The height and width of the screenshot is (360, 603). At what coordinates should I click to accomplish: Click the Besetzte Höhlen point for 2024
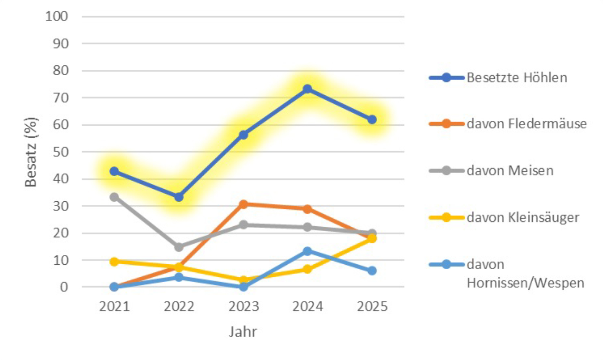pos(307,89)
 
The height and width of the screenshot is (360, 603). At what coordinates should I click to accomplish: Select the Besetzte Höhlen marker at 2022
pos(179,197)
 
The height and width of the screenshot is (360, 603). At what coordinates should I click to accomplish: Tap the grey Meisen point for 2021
pos(114,197)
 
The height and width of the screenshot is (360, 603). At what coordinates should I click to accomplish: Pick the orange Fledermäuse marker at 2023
pos(243,204)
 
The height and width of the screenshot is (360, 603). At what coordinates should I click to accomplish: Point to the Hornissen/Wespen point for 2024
pos(307,251)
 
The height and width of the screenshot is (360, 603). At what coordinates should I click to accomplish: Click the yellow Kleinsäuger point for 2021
pos(114,261)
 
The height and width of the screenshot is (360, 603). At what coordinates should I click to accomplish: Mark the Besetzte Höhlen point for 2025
pos(372,120)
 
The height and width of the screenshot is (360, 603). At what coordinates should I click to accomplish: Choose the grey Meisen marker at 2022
pos(179,247)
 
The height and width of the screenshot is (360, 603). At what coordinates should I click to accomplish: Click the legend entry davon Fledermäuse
pos(526,124)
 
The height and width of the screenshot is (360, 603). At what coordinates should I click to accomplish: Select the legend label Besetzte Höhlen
pos(517,78)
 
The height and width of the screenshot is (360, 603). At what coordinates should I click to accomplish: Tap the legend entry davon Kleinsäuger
pos(523,218)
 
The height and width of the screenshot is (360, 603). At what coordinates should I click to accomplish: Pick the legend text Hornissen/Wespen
pos(525,283)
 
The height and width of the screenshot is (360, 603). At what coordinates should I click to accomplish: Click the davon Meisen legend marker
pos(446,171)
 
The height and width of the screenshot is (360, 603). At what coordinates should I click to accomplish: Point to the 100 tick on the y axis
pos(57,16)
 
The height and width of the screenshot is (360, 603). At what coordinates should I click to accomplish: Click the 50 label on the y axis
pos(60,152)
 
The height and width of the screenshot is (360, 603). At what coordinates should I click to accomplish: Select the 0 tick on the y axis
pos(63,287)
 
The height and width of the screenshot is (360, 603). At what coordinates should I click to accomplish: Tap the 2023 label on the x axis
pos(243,306)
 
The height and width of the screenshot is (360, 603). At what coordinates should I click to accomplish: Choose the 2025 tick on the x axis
pos(372,306)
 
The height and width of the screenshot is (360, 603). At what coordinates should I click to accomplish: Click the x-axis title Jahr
pos(243,332)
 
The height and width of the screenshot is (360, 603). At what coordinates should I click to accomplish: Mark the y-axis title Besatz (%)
pos(31,152)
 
